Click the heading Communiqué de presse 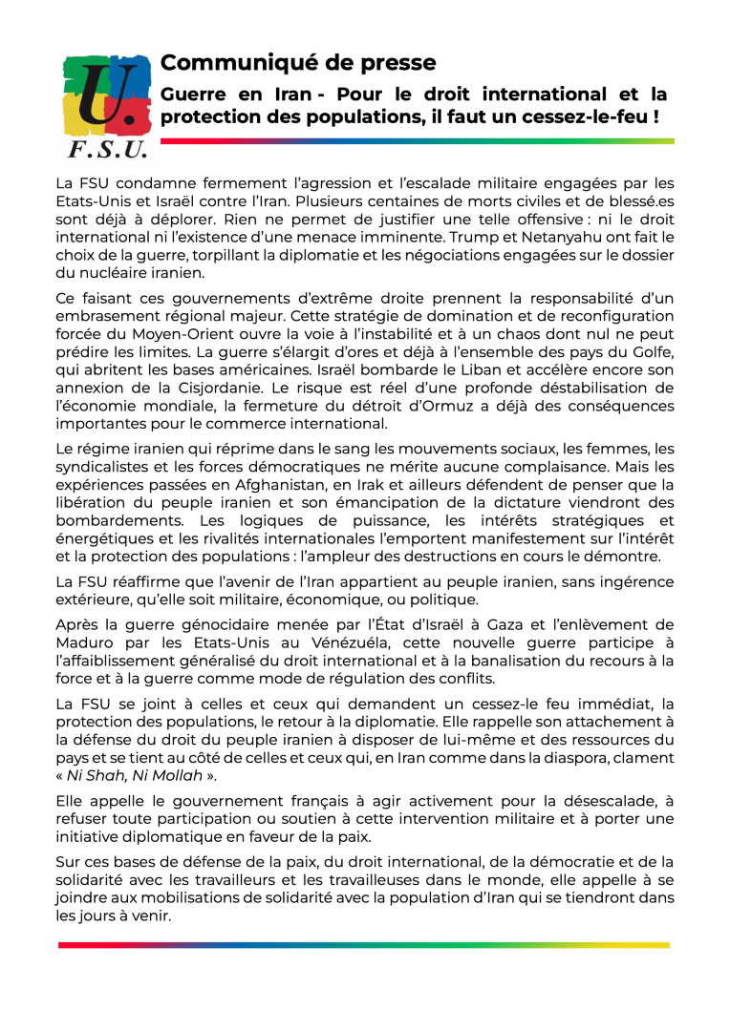coord(298,63)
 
